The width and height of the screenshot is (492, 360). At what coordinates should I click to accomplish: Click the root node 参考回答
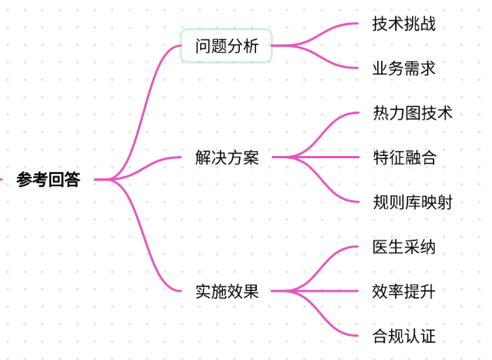[48, 179]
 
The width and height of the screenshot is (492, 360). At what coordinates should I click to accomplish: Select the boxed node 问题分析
[227, 46]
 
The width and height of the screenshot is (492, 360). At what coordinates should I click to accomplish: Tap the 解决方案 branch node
[227, 157]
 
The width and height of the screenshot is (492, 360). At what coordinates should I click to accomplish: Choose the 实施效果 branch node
[227, 291]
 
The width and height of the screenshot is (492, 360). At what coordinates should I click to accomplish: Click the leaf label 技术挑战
[404, 24]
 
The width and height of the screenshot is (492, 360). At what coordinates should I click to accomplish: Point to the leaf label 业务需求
[404, 68]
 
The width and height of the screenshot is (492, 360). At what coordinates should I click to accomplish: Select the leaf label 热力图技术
[413, 113]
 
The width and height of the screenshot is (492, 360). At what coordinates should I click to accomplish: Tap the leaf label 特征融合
[404, 157]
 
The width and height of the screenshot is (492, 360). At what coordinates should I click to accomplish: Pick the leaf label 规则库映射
[413, 202]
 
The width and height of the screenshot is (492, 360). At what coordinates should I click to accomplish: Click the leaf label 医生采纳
[404, 247]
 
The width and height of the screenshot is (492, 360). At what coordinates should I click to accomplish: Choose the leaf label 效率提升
[404, 291]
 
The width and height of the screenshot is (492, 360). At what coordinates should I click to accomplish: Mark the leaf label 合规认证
[404, 336]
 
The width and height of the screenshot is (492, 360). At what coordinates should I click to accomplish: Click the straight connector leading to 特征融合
[315, 157]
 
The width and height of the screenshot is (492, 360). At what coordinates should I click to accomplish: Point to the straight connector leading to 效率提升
[315, 291]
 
